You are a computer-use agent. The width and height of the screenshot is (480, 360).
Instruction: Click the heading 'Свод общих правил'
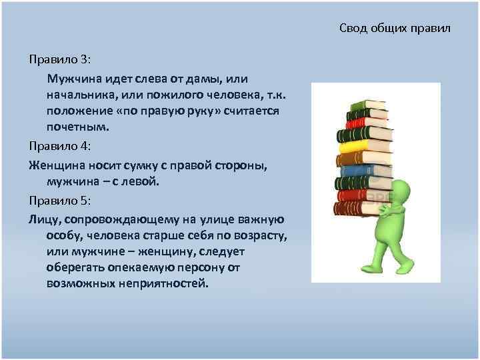395,28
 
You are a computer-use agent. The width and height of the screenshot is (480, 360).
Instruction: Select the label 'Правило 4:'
64,145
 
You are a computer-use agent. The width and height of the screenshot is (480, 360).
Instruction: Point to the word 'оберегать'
77,267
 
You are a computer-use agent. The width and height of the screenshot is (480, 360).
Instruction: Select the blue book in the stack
363,170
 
